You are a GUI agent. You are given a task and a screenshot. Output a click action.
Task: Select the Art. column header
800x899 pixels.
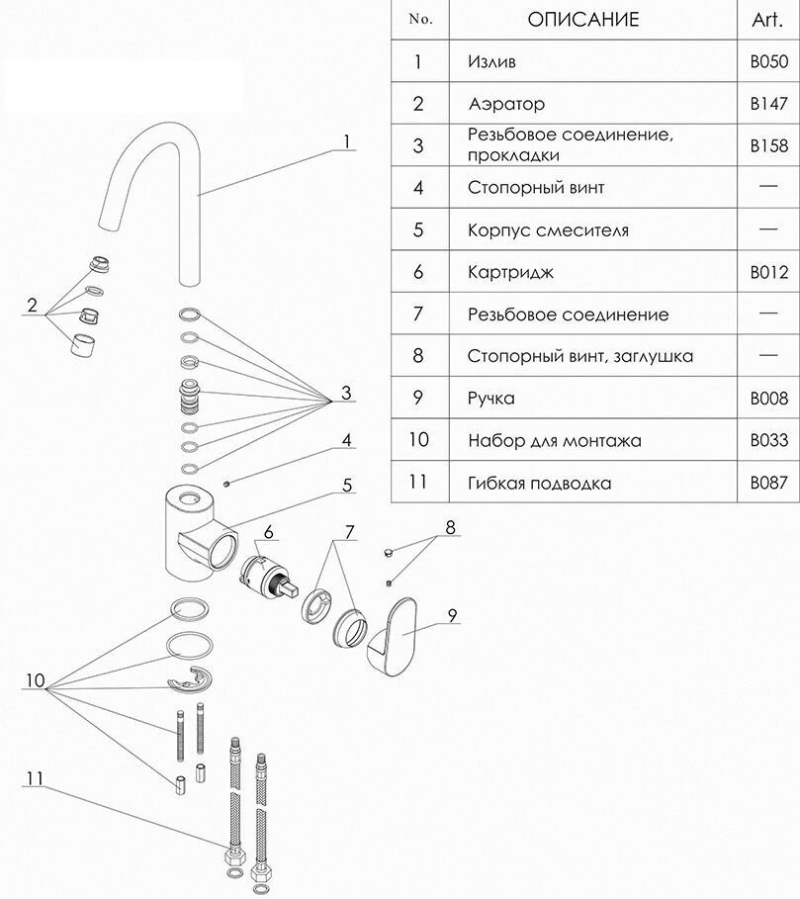click(768, 19)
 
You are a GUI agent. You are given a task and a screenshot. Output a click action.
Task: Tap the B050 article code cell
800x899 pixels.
click(768, 62)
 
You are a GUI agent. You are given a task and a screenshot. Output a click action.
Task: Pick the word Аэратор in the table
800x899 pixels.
click(507, 104)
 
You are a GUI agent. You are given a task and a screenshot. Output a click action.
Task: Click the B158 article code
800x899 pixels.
click(768, 145)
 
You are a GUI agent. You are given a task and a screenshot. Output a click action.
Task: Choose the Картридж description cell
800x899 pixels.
click(509, 272)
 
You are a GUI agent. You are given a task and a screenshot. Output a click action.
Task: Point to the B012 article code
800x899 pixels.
click(768, 272)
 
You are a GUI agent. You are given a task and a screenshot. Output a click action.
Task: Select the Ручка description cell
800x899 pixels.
click(491, 399)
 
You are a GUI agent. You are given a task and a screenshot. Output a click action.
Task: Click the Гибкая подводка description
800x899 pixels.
click(539, 484)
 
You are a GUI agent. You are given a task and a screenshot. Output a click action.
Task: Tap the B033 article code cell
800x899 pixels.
click(768, 441)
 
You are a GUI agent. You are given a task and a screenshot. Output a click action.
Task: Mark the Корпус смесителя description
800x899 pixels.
click(548, 230)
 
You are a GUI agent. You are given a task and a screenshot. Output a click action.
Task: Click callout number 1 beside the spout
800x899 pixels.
click(348, 141)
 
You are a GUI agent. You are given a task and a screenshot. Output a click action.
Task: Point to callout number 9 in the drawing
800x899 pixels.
click(451, 614)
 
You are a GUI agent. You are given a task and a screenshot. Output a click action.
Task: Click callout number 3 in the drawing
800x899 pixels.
click(346, 394)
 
